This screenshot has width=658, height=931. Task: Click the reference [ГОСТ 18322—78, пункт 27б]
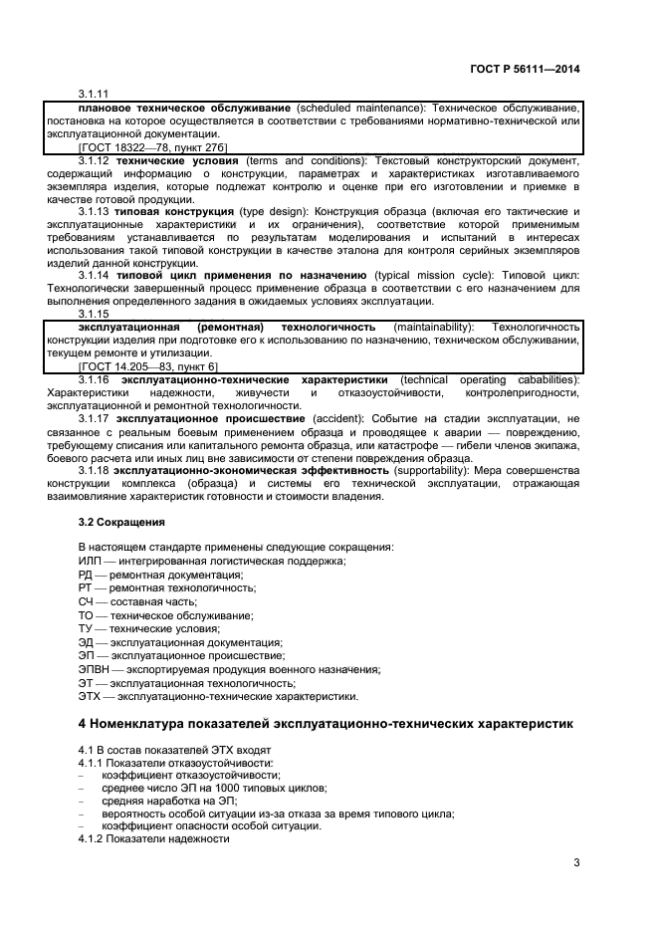pos(152,146)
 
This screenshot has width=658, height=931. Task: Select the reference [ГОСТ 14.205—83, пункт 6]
pos(147,366)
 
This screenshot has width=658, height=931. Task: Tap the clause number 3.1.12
pos(96,159)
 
